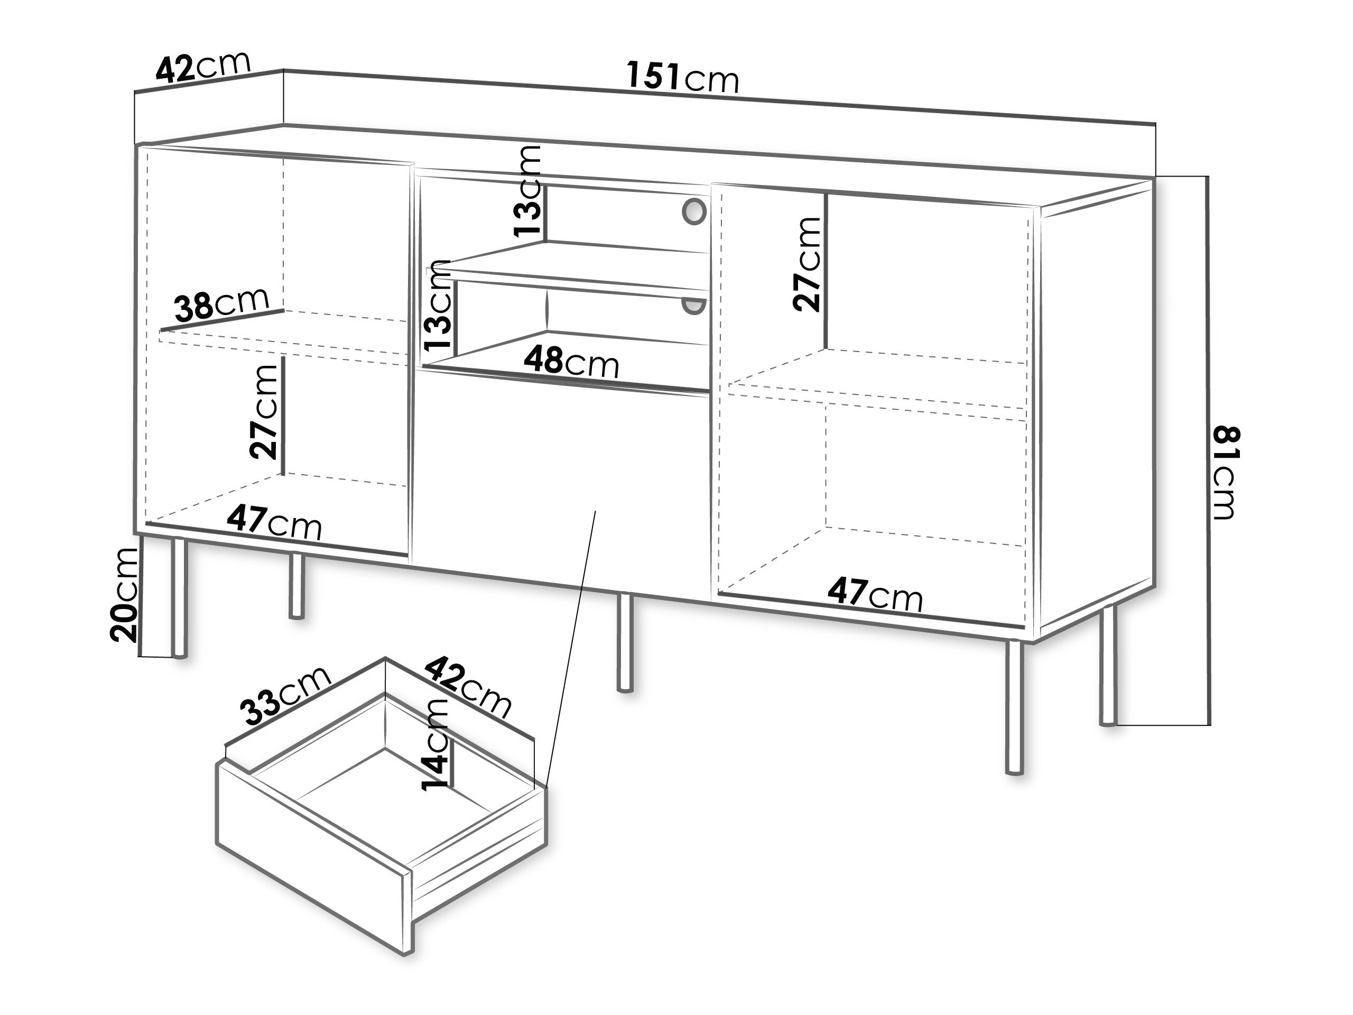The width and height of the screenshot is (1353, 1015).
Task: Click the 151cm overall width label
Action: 683,78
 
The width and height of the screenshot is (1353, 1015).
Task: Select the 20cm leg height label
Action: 124,594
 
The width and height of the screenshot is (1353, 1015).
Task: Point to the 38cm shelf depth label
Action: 221,304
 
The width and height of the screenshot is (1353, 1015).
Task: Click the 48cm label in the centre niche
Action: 571,362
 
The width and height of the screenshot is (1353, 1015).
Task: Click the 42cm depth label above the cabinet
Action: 203,66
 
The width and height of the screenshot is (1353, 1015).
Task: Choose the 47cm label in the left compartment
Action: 274,524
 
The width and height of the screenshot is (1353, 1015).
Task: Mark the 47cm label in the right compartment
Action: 875,595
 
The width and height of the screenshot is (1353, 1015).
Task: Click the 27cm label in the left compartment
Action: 264,411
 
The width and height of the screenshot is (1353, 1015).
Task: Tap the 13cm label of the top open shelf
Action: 527,190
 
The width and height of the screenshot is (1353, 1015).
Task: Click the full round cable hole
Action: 693,210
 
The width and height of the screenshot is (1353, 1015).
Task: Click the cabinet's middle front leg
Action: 625,642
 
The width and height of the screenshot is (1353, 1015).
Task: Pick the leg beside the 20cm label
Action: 179,598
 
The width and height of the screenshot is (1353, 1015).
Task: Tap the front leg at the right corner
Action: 1014,707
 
